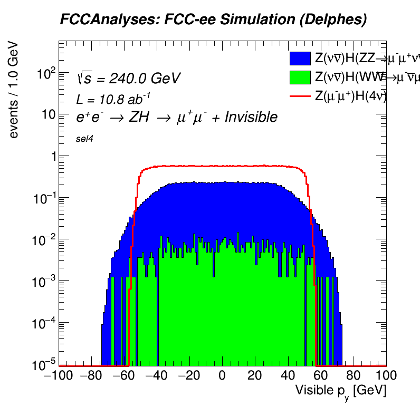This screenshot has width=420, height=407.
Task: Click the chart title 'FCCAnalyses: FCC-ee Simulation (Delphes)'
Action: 213,20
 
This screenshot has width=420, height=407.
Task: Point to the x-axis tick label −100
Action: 58,377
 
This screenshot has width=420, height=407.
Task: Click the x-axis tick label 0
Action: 222,377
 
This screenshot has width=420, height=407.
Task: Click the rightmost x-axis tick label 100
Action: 386,377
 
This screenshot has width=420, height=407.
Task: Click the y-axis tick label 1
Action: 51,156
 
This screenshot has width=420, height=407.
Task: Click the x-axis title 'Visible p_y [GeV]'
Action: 340,391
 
